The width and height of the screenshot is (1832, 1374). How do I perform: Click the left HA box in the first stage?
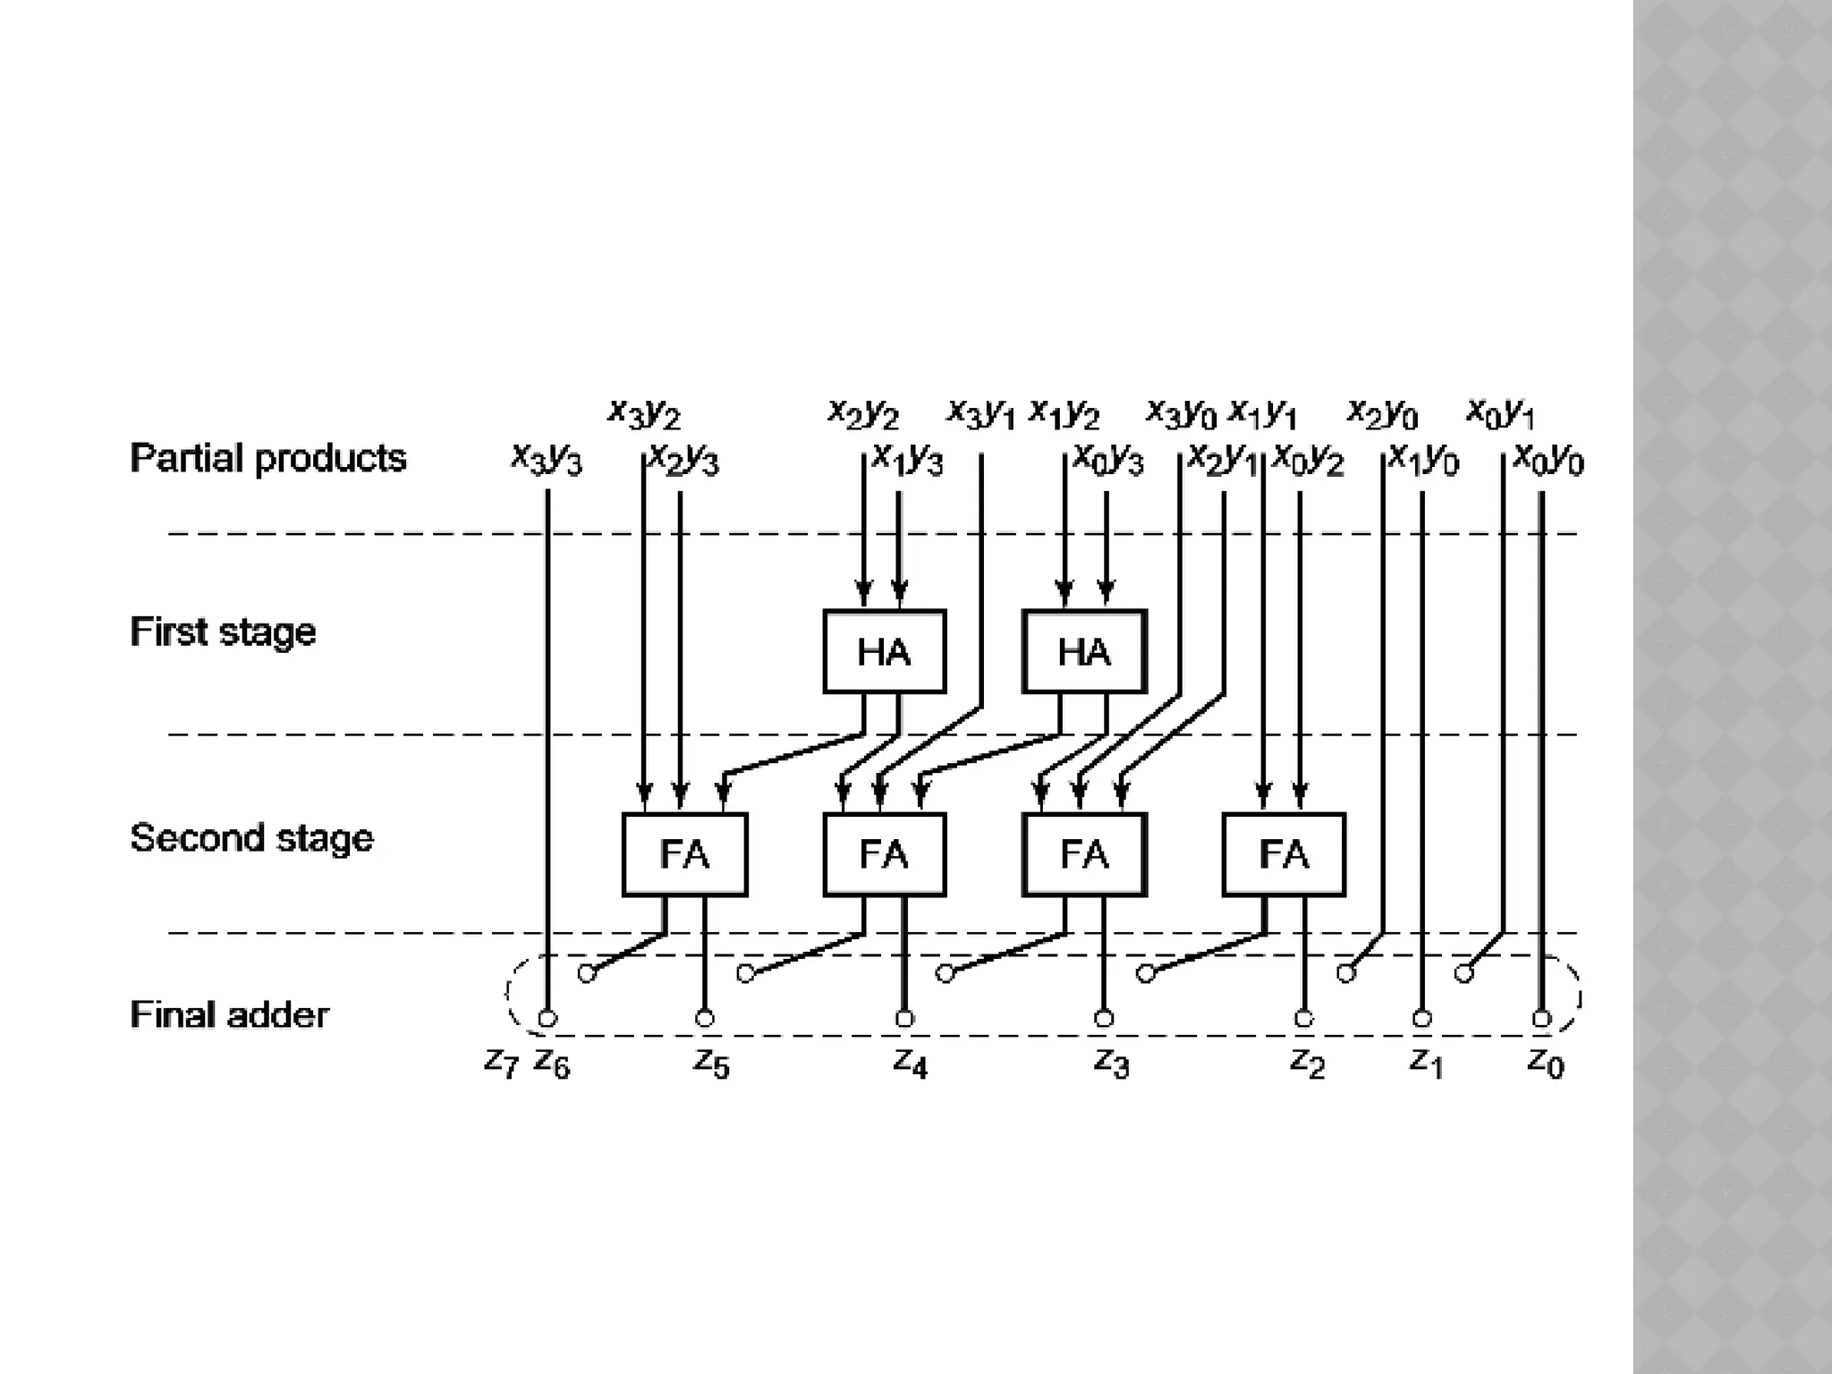884,651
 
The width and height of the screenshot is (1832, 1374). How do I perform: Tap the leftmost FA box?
684,854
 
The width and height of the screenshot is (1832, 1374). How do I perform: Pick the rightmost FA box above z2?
1284,854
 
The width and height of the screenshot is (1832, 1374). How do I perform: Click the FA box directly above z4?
884,854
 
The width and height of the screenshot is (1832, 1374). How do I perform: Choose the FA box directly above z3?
1084,854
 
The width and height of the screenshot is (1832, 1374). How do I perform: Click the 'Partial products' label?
267,458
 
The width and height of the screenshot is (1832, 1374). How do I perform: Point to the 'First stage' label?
223,632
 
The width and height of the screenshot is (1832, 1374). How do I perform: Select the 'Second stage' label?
251,838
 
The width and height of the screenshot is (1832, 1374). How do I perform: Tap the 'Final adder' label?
229,1015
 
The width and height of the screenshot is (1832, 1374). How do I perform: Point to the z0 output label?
1546,1063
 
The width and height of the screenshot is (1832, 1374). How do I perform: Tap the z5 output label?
711,1063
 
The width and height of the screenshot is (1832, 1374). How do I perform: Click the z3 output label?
1111,1063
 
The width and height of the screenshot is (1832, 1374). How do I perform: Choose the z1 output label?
1426,1063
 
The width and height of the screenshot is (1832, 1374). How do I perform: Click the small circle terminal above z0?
1540,1018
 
